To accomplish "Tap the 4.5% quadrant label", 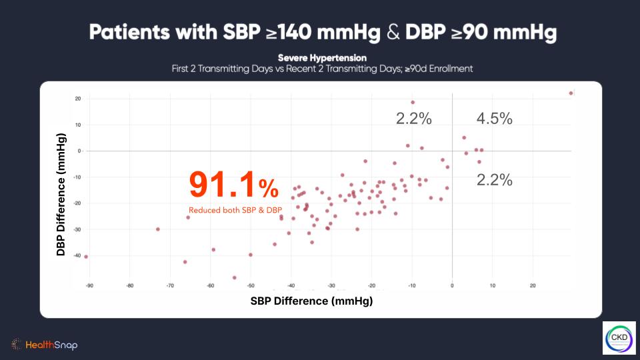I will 494,119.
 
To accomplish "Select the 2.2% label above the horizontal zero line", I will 414,119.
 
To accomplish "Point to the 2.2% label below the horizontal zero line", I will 494,179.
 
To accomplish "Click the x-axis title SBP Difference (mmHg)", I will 311,301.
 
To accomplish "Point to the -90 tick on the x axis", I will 89,286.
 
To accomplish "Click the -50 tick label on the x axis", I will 251,286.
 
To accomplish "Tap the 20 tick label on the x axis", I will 533,286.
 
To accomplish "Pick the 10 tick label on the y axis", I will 78,125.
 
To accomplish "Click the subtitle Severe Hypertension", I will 322,58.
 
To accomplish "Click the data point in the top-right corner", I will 571,93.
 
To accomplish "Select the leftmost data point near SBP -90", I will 86,257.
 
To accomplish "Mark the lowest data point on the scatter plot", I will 235,277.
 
